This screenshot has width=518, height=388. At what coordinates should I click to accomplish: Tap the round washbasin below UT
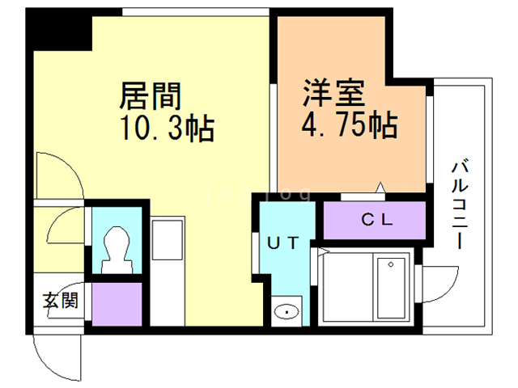(x=284, y=310)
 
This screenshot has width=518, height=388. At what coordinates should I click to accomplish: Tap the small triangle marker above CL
(x=380, y=191)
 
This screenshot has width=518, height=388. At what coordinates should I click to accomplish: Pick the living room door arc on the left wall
(x=58, y=175)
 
